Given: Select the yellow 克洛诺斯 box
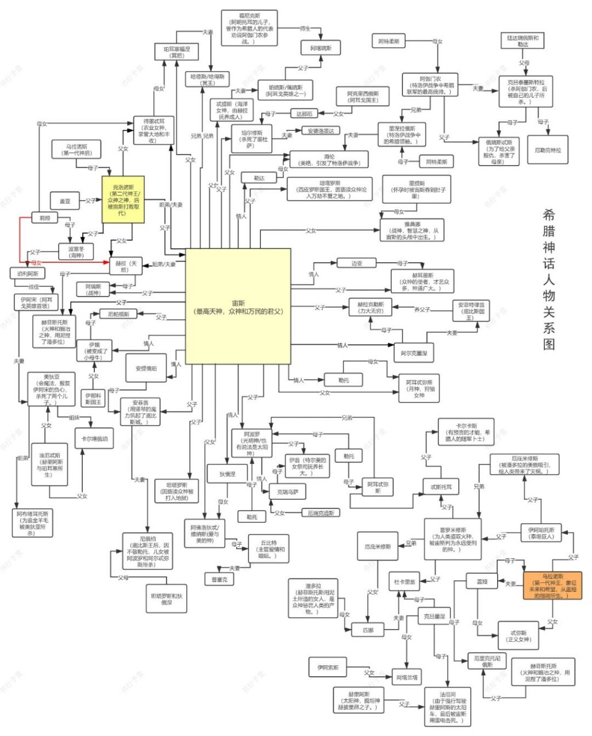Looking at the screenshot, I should pyautogui.click(x=122, y=199).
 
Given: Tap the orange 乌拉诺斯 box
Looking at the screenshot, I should pyautogui.click(x=552, y=585).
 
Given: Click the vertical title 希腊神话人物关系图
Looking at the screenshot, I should pyautogui.click(x=549, y=279).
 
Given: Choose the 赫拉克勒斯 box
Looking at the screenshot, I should pyautogui.click(x=370, y=307).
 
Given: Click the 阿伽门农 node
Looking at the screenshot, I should pyautogui.click(x=430, y=85).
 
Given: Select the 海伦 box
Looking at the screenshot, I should pyautogui.click(x=329, y=159).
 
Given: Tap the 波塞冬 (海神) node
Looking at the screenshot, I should pyautogui.click(x=76, y=251).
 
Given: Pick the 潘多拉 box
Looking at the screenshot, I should pyautogui.click(x=313, y=598).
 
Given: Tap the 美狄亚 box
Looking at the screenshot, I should pyautogui.click(x=51, y=389).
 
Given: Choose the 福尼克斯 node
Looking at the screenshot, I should pyautogui.click(x=249, y=28).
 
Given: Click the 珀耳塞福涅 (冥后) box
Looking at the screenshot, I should pyautogui.click(x=176, y=53).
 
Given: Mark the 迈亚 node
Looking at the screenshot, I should pyautogui.click(x=357, y=263).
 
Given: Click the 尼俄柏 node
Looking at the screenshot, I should pyautogui.click(x=148, y=550).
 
